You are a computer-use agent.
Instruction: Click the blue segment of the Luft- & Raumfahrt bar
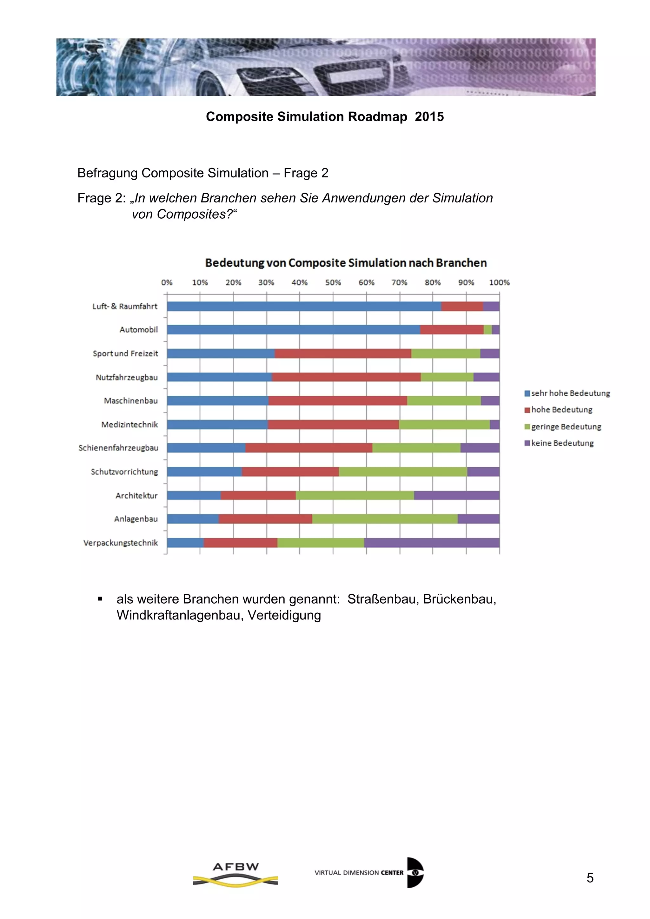(x=304, y=306)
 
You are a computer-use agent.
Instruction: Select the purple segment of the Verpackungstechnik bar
(x=431, y=543)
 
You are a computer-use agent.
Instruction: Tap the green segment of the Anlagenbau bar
(x=385, y=519)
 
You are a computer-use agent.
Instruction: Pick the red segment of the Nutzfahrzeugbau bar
(x=346, y=377)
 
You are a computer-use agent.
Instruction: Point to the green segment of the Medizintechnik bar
(x=444, y=424)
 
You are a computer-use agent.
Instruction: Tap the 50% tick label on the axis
(x=333, y=282)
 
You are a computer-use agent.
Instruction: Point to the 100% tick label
(x=499, y=282)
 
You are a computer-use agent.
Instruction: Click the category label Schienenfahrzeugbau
(x=118, y=448)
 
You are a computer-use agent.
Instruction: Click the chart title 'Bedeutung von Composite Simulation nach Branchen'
(x=346, y=263)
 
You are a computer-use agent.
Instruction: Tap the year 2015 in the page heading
(x=429, y=116)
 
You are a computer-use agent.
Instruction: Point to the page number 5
(x=590, y=878)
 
